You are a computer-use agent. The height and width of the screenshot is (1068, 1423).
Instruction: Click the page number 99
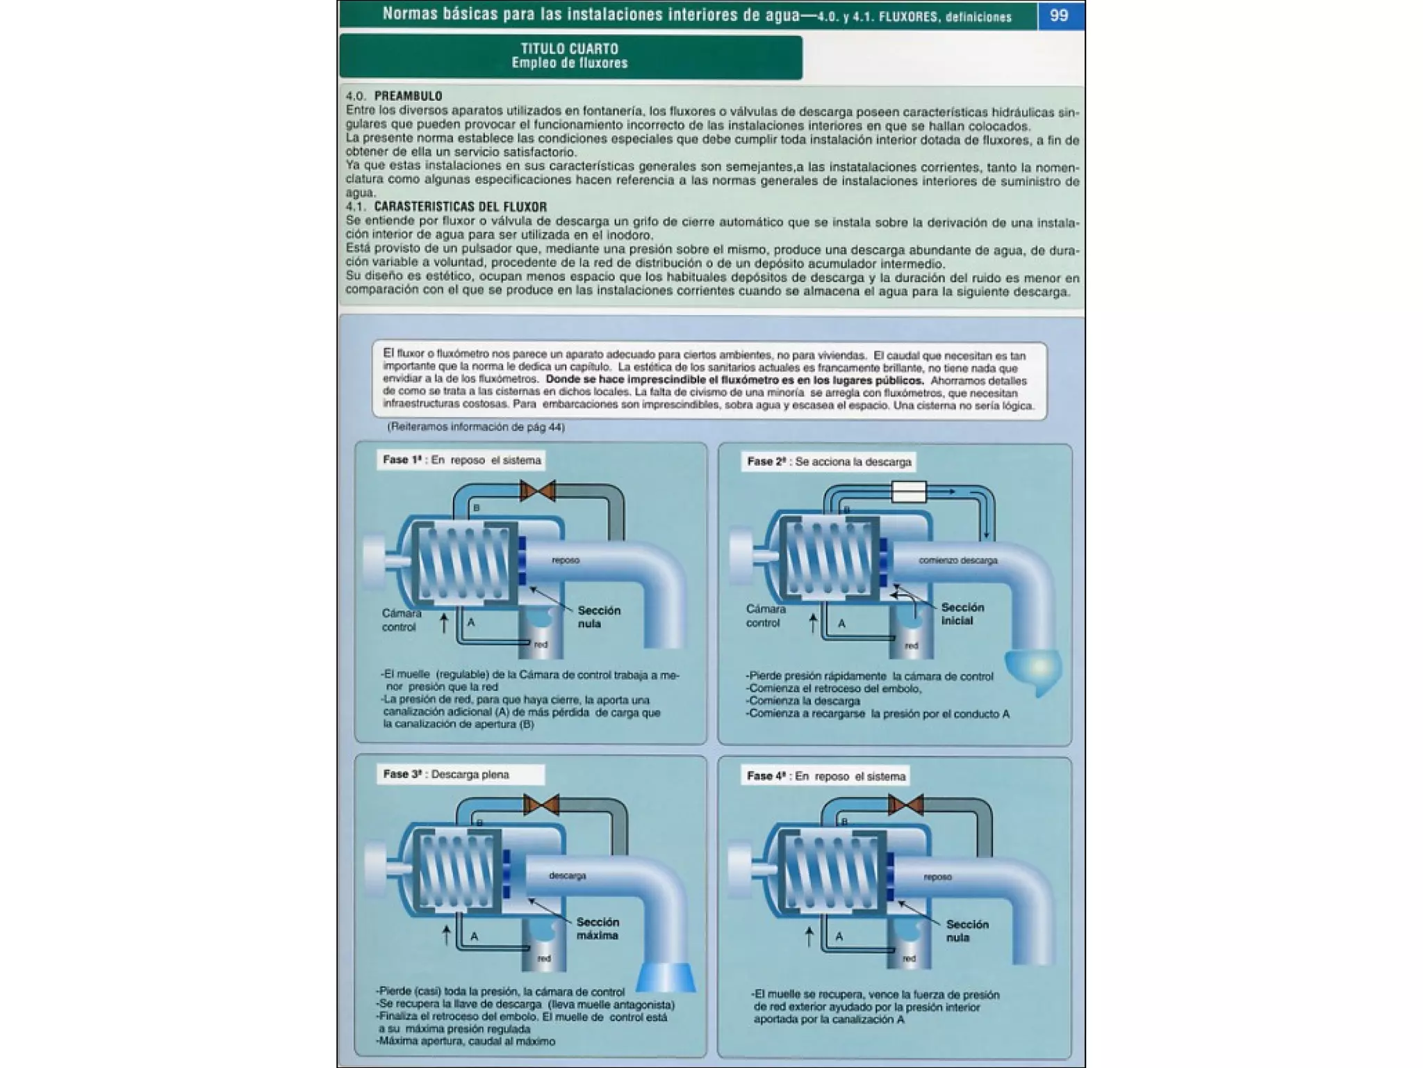(x=1058, y=15)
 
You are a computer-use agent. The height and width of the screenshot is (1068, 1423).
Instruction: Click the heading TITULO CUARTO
(x=569, y=49)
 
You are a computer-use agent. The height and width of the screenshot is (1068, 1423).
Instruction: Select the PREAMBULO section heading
(x=408, y=96)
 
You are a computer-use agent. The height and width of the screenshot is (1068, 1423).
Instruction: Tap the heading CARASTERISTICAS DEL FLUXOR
(x=460, y=207)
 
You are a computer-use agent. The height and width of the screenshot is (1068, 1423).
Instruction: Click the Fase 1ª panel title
(x=461, y=460)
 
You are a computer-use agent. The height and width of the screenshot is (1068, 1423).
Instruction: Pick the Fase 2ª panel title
(x=828, y=462)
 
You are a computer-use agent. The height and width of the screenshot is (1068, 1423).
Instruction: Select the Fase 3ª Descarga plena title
(x=446, y=775)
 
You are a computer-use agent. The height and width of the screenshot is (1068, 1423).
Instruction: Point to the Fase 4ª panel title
(x=826, y=776)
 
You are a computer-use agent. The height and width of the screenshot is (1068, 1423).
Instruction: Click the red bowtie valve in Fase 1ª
(x=538, y=491)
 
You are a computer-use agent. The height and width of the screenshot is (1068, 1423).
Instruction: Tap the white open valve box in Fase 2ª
(x=909, y=492)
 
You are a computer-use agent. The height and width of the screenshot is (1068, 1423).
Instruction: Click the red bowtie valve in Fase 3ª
(x=541, y=805)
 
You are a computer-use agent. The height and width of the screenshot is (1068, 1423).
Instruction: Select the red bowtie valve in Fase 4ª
(x=906, y=805)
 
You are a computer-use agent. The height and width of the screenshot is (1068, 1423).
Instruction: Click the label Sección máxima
(x=598, y=928)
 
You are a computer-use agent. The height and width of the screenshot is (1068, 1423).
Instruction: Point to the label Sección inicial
(x=962, y=614)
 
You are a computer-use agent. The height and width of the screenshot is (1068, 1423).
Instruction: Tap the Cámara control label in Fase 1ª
(x=401, y=620)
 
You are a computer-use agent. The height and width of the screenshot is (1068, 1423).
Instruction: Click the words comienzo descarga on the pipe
(x=957, y=560)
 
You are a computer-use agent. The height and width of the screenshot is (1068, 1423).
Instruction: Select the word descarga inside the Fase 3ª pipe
(x=567, y=875)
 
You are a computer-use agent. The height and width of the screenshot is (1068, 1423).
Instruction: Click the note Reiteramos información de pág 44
(x=476, y=427)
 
